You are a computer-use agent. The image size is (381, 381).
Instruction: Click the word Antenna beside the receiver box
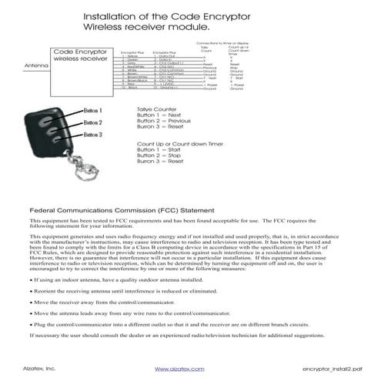[x=36, y=65]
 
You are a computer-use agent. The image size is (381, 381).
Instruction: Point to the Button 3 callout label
[x=93, y=135]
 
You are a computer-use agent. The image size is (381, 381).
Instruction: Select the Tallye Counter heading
[x=158, y=109]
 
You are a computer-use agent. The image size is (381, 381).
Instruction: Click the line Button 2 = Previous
[x=163, y=121]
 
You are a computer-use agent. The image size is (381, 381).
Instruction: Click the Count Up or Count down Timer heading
[x=180, y=144]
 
